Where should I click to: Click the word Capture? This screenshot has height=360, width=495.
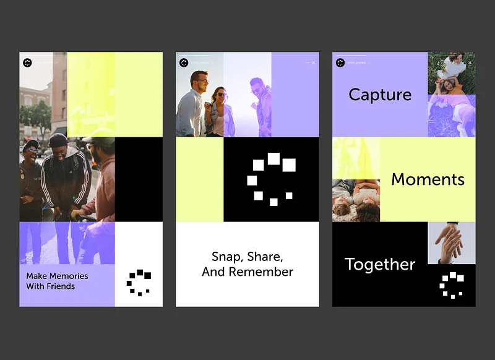[380, 95]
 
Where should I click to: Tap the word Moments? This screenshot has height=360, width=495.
[428, 179]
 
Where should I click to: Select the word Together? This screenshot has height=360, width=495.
[380, 264]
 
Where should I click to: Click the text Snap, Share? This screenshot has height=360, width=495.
[247, 256]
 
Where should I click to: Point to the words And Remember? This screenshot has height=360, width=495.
[247, 272]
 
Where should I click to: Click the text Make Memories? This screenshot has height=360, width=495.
[57, 276]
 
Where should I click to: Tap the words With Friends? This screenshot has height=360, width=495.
[50, 286]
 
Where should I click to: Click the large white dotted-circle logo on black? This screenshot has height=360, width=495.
[271, 179]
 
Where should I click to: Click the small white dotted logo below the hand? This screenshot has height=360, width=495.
[452, 285]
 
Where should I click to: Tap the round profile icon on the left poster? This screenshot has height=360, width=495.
[27, 62]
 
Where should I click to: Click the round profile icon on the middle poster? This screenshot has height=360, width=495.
[184, 62]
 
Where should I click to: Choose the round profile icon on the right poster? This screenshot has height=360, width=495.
[340, 62]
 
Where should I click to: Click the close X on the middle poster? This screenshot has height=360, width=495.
[313, 62]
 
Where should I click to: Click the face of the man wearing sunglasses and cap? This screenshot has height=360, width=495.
[32, 152]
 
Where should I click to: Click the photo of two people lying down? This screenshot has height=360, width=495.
[356, 200]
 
